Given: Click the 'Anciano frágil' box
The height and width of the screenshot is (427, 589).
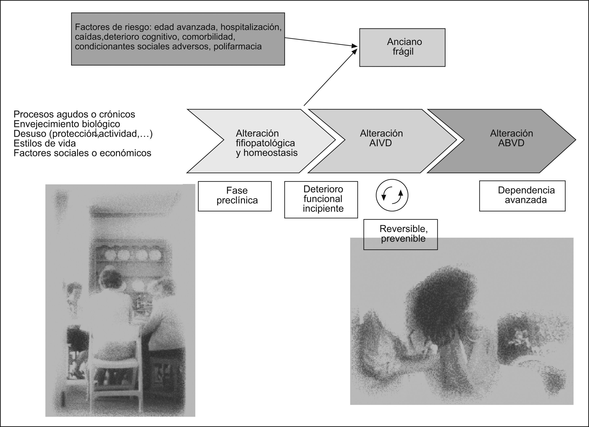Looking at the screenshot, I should (x=402, y=47).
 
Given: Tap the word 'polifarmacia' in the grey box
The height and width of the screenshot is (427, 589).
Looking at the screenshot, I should (x=237, y=47).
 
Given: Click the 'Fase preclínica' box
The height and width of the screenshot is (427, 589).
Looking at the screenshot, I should (x=235, y=196).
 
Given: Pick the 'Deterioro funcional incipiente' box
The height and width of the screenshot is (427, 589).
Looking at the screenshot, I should (x=321, y=199).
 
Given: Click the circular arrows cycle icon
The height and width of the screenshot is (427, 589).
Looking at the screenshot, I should (x=392, y=195).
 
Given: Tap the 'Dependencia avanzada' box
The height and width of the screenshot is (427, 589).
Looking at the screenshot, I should (x=522, y=196).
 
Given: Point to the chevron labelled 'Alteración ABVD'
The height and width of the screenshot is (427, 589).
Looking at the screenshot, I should (x=506, y=141).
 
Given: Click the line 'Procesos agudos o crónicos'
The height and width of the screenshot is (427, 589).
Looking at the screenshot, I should (x=74, y=114).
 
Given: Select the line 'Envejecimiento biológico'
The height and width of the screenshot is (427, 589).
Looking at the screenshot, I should (x=67, y=124).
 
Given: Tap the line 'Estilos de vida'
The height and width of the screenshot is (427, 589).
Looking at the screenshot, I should (x=45, y=143).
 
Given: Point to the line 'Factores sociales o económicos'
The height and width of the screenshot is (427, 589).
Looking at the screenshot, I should (x=82, y=153).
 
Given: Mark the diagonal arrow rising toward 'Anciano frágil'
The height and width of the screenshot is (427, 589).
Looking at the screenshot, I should (x=330, y=78).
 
